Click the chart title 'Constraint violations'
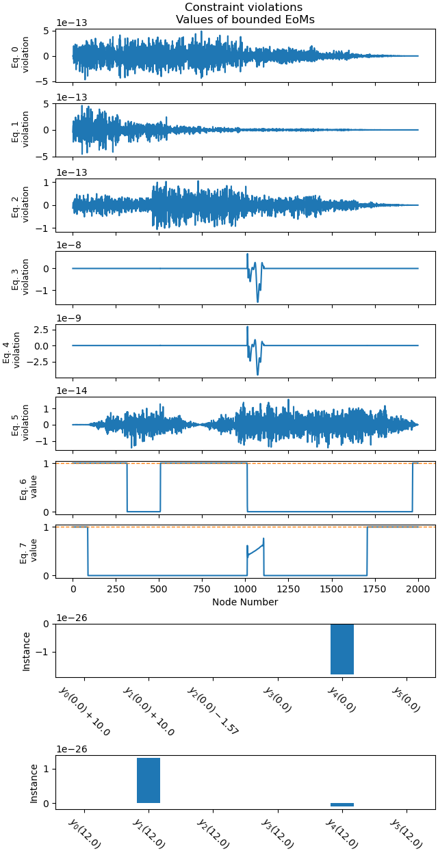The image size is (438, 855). coord(244,8)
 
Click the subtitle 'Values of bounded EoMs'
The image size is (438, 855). coord(245,19)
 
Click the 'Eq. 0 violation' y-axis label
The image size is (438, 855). coord(21,55)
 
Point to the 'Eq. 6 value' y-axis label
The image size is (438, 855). coord(27,488)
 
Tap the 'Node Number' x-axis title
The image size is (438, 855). coord(245,602)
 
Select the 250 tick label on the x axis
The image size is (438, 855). coord(116,589)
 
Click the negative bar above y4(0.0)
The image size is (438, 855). coord(342,649)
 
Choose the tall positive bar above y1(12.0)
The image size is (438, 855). coord(149,780)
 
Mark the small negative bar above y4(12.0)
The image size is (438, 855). coord(342,805)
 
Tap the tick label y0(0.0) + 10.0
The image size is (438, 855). coord(86,711)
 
